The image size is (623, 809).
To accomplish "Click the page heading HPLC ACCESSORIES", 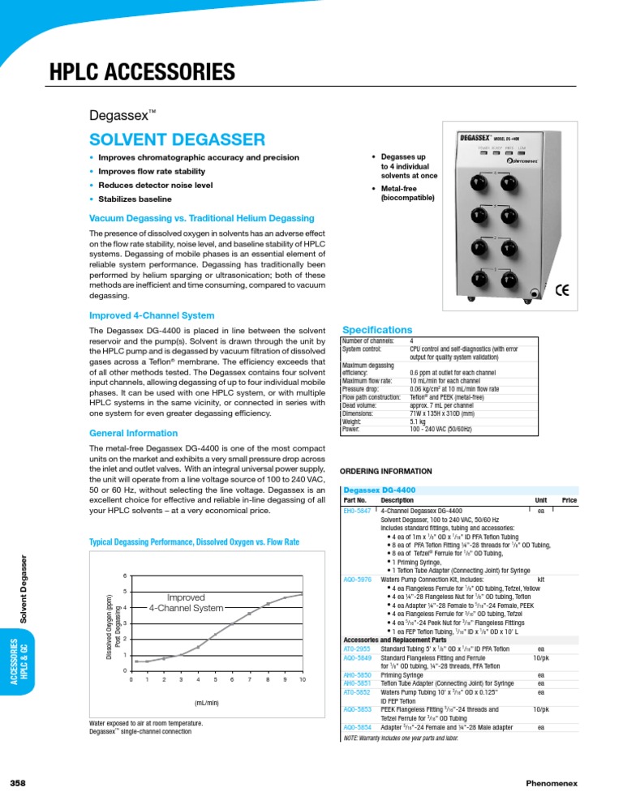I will pyautogui.click(x=142, y=73).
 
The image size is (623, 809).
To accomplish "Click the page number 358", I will pyautogui.click(x=19, y=782).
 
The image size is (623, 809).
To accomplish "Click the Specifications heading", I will pyautogui.click(x=378, y=330).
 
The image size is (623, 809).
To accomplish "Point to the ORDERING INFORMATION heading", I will pyautogui.click(x=386, y=470).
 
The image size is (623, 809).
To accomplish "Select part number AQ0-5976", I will pyautogui.click(x=359, y=580).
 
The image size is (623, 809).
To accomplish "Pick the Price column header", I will pyautogui.click(x=569, y=501).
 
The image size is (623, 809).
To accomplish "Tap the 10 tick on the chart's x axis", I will pyautogui.click(x=302, y=678).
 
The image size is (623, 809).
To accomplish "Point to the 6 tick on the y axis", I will pyautogui.click(x=124, y=576).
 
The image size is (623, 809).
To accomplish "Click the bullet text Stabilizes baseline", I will pyautogui.click(x=135, y=199).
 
